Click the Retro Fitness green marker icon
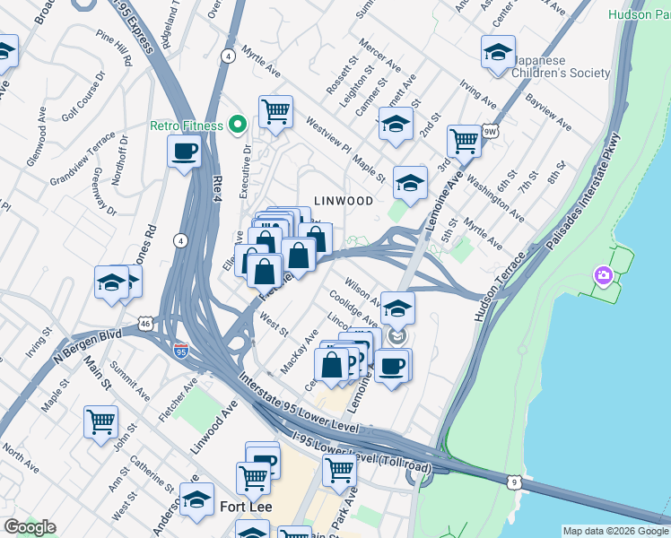pos(238,125)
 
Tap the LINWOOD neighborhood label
pos(343,201)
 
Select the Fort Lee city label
pos(246,508)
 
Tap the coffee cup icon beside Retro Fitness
pos(184,152)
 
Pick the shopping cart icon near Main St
pos(100,421)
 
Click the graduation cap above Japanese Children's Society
pos(498,53)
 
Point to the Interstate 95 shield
pos(181,348)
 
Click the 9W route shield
pos(490,132)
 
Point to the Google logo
pos(30,527)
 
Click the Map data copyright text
pos(614,531)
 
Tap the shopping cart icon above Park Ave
pos(339,468)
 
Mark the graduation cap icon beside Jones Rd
pos(112,282)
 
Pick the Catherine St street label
pos(144,480)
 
